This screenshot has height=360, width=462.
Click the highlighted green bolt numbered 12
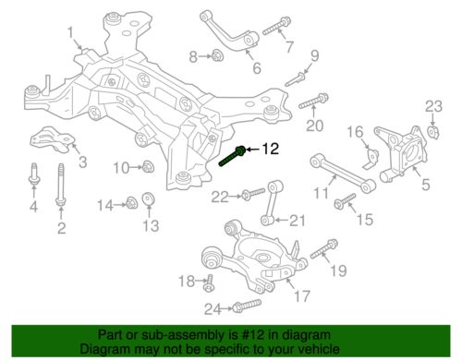pyautogui.click(x=232, y=156)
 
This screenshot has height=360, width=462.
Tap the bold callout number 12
pyautogui.click(x=271, y=150)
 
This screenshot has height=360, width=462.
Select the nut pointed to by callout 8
pyautogui.click(x=218, y=55)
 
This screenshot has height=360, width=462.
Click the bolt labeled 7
pyautogui.click(x=277, y=26)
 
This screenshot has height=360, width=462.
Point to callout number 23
pyautogui.click(x=433, y=106)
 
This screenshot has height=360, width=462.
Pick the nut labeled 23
pyautogui.click(x=433, y=131)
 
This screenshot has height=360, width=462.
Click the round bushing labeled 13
pyautogui.click(x=149, y=199)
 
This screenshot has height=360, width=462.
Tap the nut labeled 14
pyautogui.click(x=131, y=203)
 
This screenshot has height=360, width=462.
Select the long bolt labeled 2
pyautogui.click(x=61, y=185)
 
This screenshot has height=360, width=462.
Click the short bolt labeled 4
pyautogui.click(x=34, y=174)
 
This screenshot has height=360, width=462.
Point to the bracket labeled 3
pyautogui.click(x=53, y=139)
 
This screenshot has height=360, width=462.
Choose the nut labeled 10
pyautogui.click(x=149, y=167)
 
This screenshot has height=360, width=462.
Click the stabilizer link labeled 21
pyautogui.click(x=271, y=203)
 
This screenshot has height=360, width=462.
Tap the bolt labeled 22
pyautogui.click(x=253, y=194)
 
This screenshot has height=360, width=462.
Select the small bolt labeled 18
pyautogui.click(x=208, y=283)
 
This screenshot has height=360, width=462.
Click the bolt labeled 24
pyautogui.click(x=247, y=306)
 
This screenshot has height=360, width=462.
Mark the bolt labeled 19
pyautogui.click(x=324, y=248)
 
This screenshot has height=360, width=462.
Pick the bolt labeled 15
pyautogui.click(x=346, y=201)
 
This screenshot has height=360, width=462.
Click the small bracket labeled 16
pyautogui.click(x=371, y=159)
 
